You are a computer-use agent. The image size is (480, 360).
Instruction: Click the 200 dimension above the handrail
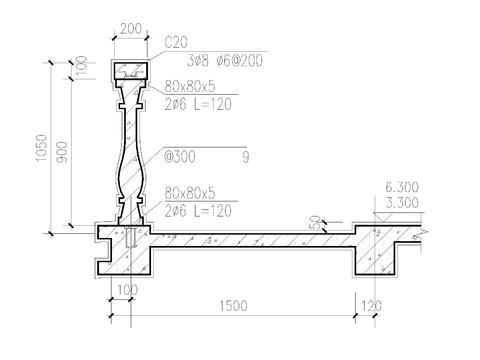[x=131, y=29]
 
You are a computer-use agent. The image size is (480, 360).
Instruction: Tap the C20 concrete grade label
[x=176, y=42]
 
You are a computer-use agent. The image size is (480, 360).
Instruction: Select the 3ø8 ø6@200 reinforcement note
[x=225, y=61]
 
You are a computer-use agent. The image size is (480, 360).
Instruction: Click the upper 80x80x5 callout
[x=190, y=87]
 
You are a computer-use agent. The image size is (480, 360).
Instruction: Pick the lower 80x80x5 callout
[x=190, y=193]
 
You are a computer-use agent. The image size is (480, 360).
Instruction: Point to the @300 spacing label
[x=179, y=157]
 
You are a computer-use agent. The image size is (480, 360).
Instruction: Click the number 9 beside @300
[x=246, y=157]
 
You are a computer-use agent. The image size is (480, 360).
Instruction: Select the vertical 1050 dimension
[x=42, y=148]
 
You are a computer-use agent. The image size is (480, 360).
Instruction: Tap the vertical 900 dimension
[x=62, y=152]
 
